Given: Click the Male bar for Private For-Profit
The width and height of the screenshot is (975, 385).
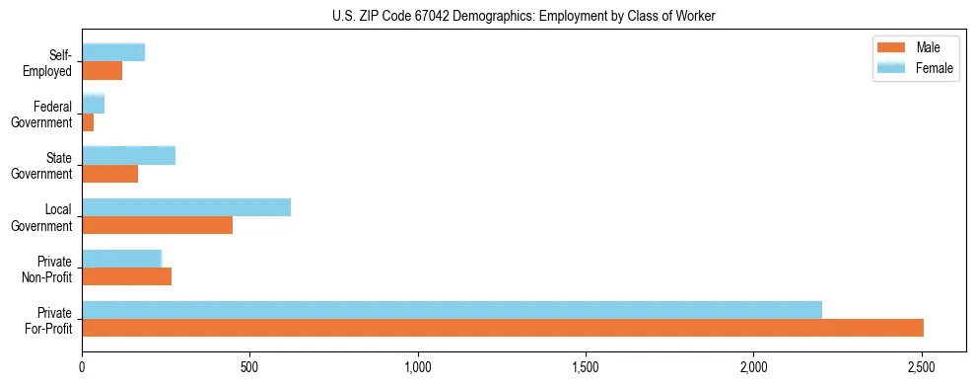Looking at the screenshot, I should point(503,328).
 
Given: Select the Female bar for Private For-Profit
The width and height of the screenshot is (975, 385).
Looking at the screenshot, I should point(452,310).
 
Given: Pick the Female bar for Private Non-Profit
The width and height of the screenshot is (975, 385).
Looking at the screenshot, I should point(121,259).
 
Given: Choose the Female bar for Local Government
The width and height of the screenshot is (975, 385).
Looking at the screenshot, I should point(186,207).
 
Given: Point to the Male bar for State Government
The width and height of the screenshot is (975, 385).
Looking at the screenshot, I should point(109,174).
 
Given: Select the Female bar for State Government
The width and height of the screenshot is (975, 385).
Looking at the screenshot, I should point(128,156).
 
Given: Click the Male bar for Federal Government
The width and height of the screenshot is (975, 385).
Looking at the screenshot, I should point(88,122).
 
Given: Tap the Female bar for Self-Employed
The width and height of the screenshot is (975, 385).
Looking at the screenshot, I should point(113,53).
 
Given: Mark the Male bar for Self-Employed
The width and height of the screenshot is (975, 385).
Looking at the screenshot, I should point(102,71).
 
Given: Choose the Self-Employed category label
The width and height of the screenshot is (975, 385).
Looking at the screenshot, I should point(49,63).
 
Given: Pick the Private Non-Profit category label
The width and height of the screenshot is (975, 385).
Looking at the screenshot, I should point(49,269).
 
